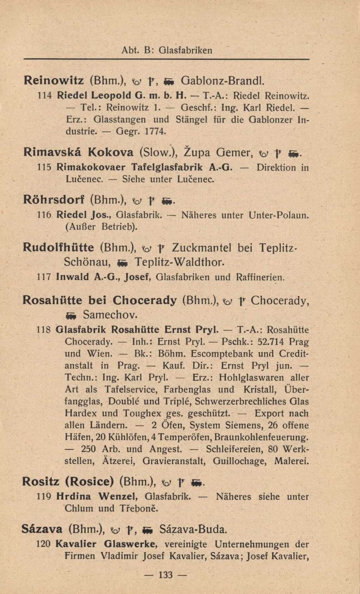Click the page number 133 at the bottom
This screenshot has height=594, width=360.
166,575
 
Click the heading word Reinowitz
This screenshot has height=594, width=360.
53,80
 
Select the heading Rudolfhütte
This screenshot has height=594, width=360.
58,248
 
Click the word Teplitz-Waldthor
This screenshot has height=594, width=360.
179,262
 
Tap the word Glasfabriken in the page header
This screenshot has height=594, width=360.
186,50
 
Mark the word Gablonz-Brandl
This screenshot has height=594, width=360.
222,80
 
